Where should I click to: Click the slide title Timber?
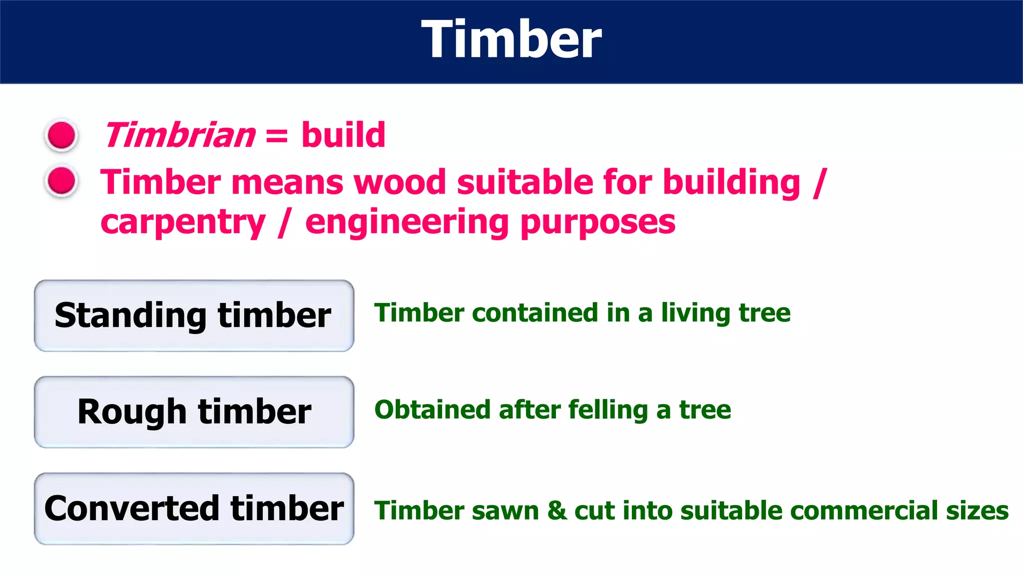pos(511,40)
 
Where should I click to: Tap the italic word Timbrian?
pos(180,135)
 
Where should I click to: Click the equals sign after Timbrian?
pos(277,136)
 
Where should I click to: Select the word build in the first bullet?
pos(343,135)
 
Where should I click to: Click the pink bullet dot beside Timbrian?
pos(61,135)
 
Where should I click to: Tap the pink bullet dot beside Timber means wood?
pos(61,181)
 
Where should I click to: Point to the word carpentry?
pos(183,223)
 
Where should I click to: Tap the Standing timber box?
pos(194,315)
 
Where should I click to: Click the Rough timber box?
pos(194,412)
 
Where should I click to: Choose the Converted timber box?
pos(194,509)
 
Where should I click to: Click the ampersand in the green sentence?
pos(557,511)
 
